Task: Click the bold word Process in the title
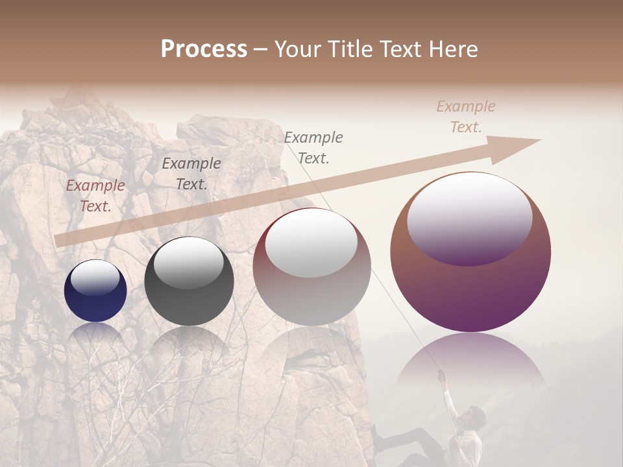point(204,49)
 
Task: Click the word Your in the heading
point(297,49)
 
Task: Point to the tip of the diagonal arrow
point(539,140)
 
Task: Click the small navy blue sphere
point(95,291)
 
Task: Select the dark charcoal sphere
point(189,281)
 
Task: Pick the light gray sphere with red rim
point(311,267)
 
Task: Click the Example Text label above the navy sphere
point(95,196)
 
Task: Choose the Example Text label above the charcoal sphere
point(191,174)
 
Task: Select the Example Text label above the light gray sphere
point(313,147)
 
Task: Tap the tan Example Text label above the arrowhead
point(466,117)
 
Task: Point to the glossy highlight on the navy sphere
point(95,278)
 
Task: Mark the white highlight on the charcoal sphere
point(188,262)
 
